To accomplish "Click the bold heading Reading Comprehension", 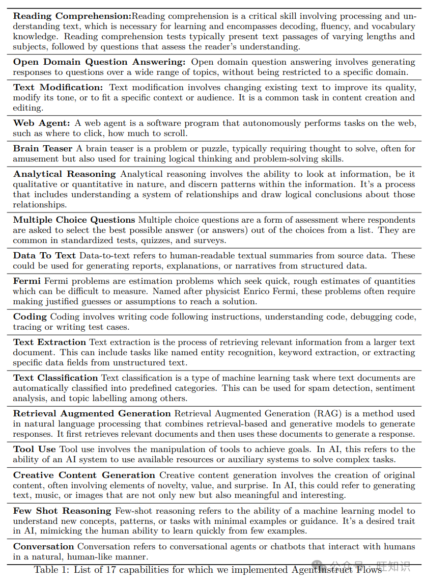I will (x=72, y=16).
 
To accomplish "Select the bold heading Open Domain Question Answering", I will (x=99, y=62).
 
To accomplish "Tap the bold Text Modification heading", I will (x=58, y=88).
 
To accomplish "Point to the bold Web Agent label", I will (x=41, y=123).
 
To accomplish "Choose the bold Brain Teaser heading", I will (x=43, y=149).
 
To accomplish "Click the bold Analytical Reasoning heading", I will (x=65, y=174).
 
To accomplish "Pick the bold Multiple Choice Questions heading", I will (x=74, y=220).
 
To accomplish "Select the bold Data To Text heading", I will (x=44, y=256).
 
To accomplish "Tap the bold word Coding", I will (x=30, y=317).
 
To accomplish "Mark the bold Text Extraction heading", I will (x=49, y=342).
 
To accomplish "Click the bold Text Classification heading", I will (x=55, y=378).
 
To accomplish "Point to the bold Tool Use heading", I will (x=35, y=449).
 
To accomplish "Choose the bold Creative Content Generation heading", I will (x=84, y=475).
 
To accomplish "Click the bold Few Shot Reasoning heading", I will (x=62, y=511).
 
